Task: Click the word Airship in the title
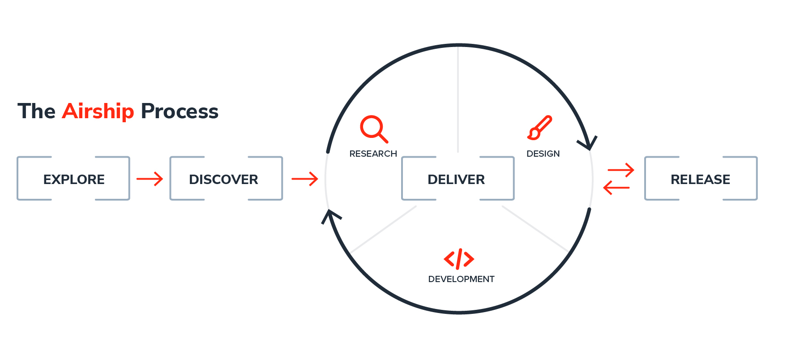(x=98, y=111)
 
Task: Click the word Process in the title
(x=180, y=111)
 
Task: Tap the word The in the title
(x=36, y=111)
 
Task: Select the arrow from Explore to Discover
(x=150, y=179)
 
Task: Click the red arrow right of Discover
(x=304, y=179)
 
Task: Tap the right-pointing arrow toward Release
(x=621, y=170)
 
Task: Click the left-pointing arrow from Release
(x=616, y=187)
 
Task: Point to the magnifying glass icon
(x=374, y=129)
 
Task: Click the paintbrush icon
(x=540, y=128)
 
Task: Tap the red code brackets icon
(x=459, y=259)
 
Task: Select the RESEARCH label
(x=373, y=154)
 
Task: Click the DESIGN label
(x=543, y=154)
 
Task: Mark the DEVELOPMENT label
(x=461, y=279)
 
